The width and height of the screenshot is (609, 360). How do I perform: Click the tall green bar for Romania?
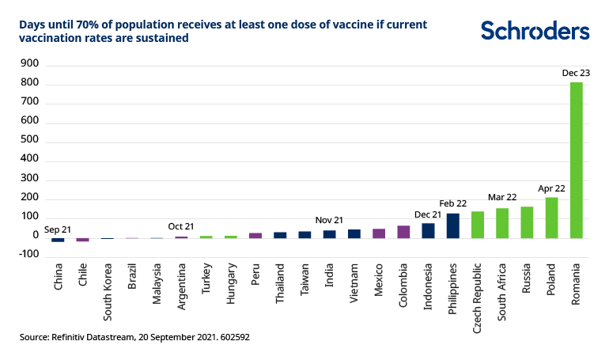[x=577, y=158]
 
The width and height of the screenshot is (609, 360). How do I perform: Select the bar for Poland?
[x=552, y=218]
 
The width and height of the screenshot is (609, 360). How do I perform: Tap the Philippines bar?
[x=453, y=225]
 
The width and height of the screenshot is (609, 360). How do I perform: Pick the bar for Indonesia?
[x=428, y=230]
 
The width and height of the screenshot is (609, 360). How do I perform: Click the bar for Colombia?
[x=403, y=231]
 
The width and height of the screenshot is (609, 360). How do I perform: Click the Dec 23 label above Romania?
[x=577, y=73]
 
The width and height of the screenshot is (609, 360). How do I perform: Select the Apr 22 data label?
[x=552, y=189]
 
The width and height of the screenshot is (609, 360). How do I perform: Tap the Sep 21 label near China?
[x=57, y=230]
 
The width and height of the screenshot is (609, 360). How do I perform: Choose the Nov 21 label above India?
[x=329, y=221]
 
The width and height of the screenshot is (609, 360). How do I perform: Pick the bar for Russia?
[x=528, y=222]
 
